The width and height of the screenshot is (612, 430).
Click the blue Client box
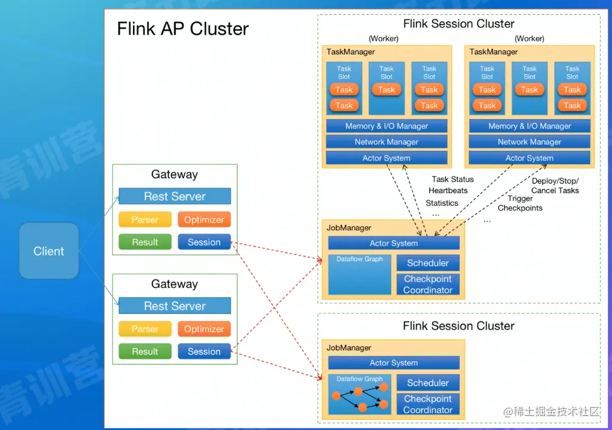pos(49,251)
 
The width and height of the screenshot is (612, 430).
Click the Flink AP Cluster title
pos(182,29)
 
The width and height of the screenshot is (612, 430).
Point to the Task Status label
pos(453,179)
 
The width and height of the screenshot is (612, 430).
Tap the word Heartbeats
pos(448,191)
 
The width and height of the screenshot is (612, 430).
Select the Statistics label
pos(442,203)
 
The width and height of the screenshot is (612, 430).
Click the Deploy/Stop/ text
pos(555,181)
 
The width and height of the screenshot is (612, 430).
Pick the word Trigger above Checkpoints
pos(520,198)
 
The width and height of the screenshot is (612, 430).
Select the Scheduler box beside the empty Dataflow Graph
pos(428,263)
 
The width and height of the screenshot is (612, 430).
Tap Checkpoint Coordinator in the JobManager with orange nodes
pos(428,404)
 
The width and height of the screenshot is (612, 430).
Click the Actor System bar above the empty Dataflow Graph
pos(394,243)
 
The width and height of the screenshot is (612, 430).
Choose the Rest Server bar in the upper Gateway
pos(175,196)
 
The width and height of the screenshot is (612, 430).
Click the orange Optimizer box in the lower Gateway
pos(204,329)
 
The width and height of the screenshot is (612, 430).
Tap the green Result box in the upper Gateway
pos(145,242)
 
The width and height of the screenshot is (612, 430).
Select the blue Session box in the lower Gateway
pos(204,351)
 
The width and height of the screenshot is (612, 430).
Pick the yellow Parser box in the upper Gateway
pos(145,220)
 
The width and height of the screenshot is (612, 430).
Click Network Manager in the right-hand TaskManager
pos(530,142)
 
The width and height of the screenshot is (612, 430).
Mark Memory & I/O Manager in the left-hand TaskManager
pos(386,126)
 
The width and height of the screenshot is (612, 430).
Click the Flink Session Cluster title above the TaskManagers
pos(459,24)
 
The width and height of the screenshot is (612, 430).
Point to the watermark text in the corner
pos(552,412)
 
